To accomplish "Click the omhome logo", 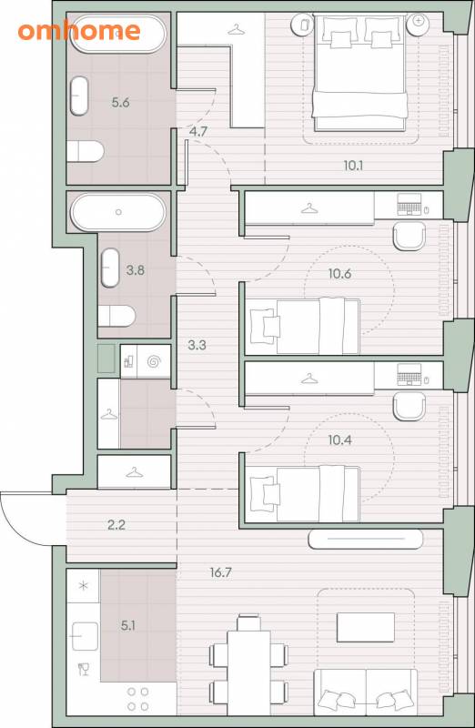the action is (x=79, y=31).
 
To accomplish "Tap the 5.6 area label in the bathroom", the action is (x=120, y=102).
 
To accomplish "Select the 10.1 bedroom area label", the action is (x=353, y=165).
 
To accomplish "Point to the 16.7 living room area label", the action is (x=220, y=572).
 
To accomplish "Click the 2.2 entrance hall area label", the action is (x=116, y=525).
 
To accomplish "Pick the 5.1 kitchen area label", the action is (x=127, y=625).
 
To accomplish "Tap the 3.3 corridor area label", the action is (x=197, y=345).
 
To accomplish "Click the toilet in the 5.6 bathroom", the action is (x=85, y=151).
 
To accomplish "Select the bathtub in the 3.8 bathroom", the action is (x=118, y=212).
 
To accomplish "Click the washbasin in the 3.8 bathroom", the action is (x=110, y=268).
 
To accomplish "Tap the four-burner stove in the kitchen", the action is (x=138, y=699).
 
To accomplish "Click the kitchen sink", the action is (x=85, y=636).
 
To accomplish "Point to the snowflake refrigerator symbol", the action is (x=83, y=586).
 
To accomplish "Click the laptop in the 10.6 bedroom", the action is (x=409, y=205).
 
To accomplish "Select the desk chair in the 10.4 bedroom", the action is (x=409, y=406).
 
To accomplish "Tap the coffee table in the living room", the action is (x=366, y=627).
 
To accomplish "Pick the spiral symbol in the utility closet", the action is (x=154, y=361).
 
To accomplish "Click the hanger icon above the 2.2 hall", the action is (x=134, y=472).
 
